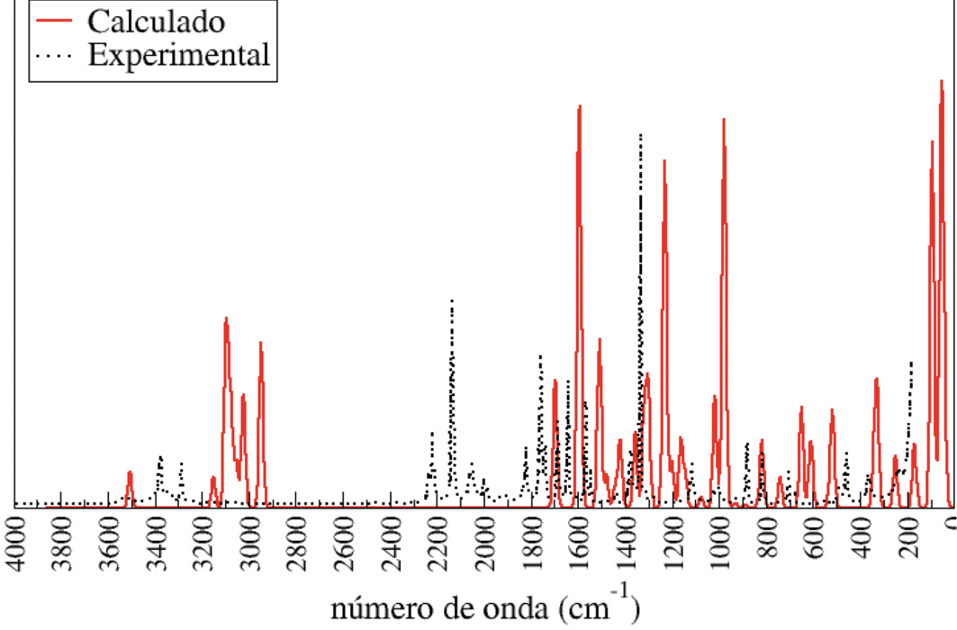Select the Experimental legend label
[x=178, y=56]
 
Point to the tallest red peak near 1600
[x=580, y=107]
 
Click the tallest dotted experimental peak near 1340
[x=640, y=135]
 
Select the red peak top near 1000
[x=723, y=120]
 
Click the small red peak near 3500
[x=130, y=472]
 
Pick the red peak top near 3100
[x=226, y=319]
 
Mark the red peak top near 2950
[x=260, y=343]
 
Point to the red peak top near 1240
[x=664, y=162]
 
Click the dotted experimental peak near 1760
[x=540, y=356]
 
